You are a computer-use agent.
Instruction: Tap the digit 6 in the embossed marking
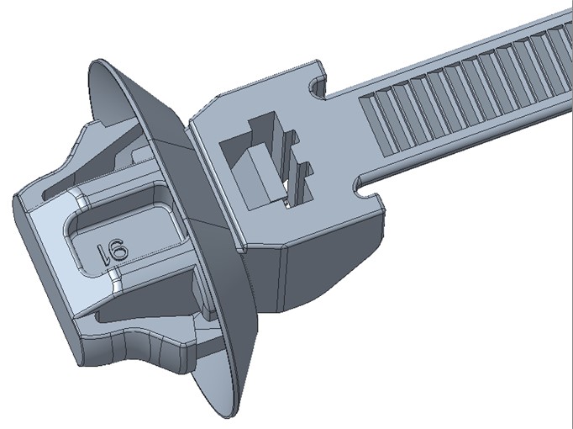pos(118,250)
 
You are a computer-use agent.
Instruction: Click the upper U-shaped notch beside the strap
pos(318,87)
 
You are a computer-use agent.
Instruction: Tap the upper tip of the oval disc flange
pos(96,63)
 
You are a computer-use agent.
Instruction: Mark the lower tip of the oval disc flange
pos(229,415)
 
